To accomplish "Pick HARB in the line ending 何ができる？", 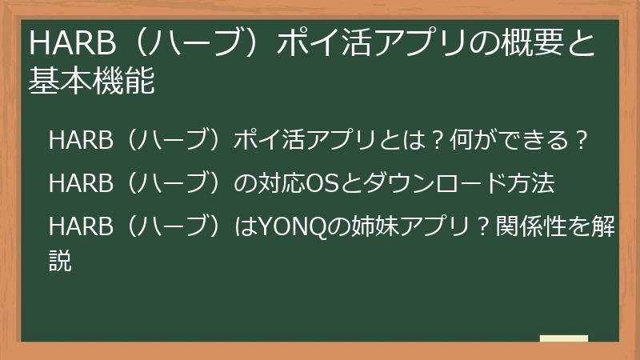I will [x=77, y=142].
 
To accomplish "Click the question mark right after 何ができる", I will [x=583, y=142].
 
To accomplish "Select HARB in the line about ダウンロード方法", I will [x=77, y=184].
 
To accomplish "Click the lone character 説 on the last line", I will [x=61, y=260].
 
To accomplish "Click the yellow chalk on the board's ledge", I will [x=564, y=339].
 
